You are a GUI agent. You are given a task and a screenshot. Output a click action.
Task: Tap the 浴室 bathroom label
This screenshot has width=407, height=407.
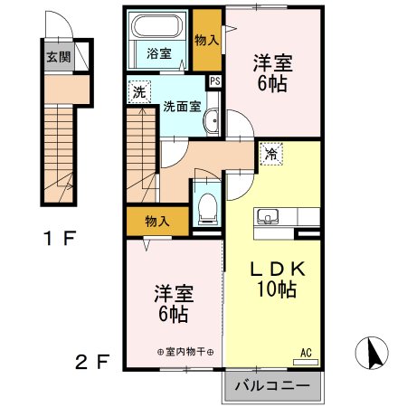tap(159, 53)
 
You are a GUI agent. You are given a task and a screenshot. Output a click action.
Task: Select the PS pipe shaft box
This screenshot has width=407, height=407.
tap(214, 80)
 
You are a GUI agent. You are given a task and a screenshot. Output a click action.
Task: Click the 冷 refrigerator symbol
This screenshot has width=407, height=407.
tap(270, 154)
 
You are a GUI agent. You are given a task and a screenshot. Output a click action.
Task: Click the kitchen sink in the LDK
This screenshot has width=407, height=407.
tap(267, 217)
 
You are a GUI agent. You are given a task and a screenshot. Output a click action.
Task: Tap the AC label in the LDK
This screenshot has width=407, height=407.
tap(305, 352)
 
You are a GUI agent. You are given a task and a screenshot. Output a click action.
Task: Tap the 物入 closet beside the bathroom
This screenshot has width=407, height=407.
tap(207, 41)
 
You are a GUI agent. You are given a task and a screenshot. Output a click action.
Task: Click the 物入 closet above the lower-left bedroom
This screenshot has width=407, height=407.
tap(156, 221)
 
